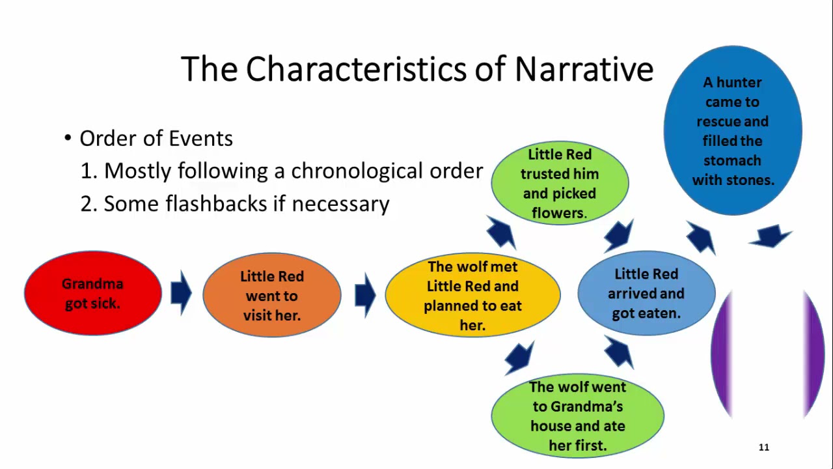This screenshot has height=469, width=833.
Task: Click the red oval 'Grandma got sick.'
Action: point(93,293)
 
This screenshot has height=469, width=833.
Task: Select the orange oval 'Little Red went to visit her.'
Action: point(272,295)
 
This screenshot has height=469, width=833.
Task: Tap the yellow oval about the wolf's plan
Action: point(472,295)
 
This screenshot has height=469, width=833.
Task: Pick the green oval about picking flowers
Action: point(560,183)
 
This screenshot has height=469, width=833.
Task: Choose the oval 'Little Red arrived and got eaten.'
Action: point(646,293)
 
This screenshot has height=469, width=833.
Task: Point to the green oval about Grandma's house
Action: point(577,416)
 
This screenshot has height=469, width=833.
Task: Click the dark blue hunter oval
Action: point(733,130)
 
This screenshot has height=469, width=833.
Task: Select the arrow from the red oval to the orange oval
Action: point(181,293)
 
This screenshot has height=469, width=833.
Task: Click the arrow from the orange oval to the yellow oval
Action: point(365,295)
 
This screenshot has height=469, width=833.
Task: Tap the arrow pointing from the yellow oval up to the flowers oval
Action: point(501,233)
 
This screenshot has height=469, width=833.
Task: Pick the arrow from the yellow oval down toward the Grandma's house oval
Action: point(519,358)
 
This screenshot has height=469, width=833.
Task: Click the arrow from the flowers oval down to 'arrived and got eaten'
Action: point(618,236)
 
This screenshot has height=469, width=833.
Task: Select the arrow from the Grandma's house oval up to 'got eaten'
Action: point(619,352)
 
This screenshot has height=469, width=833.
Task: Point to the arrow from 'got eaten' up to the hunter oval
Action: point(701,238)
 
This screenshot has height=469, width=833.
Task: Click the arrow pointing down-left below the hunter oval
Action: point(771,236)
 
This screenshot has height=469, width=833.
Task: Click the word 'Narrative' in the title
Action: point(584,69)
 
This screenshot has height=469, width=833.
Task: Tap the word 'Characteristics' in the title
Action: point(356,69)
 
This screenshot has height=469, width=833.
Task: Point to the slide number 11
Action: point(764,447)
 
